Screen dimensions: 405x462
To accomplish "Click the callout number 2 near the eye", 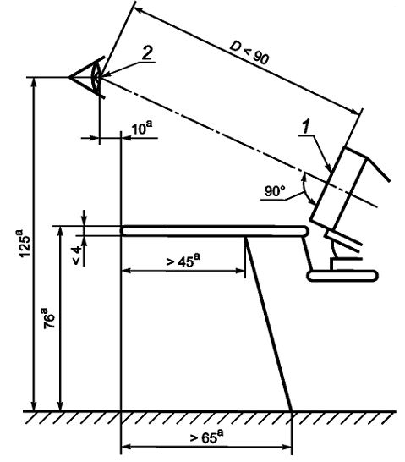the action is pyautogui.click(x=147, y=53).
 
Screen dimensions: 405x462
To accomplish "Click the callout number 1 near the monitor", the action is pyautogui.click(x=306, y=127).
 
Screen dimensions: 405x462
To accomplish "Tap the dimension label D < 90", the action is pyautogui.click(x=249, y=53).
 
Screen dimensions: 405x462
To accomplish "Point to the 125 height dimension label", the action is pyautogui.click(x=25, y=243).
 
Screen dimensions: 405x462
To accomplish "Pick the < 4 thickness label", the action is pyautogui.click(x=77, y=256).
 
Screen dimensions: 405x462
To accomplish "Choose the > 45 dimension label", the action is pyautogui.click(x=183, y=261).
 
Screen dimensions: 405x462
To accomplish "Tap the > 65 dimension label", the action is pyautogui.click(x=206, y=437).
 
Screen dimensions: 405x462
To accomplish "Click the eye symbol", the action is pyautogui.click(x=87, y=77).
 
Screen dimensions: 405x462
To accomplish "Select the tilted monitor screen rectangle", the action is pyautogui.click(x=337, y=189).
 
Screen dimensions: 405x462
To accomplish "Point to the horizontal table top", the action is pyautogui.click(x=214, y=231).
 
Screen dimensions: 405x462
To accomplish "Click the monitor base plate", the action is pyautogui.click(x=342, y=276).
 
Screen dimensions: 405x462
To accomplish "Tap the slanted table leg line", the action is pyautogui.click(x=269, y=323).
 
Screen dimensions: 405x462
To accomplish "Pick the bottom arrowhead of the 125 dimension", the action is pyautogui.click(x=35, y=405).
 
